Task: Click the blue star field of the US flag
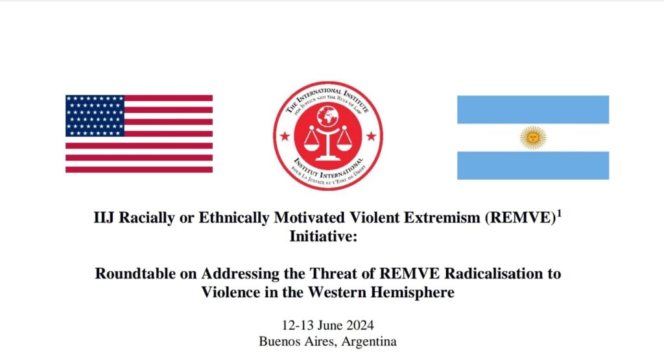tap(95, 115)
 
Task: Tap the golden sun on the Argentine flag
tap(533, 138)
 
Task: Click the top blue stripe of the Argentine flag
tap(533, 110)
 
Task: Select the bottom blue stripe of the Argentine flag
tap(533, 165)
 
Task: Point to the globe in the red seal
tap(327, 115)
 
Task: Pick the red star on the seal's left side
tap(285, 136)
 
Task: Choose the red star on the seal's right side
tap(371, 136)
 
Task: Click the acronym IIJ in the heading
tap(104, 218)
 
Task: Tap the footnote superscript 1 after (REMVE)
tap(560, 213)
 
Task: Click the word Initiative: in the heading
tap(324, 236)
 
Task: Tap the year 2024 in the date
tap(360, 325)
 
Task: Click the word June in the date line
tap(330, 325)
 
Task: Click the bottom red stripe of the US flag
tap(139, 169)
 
